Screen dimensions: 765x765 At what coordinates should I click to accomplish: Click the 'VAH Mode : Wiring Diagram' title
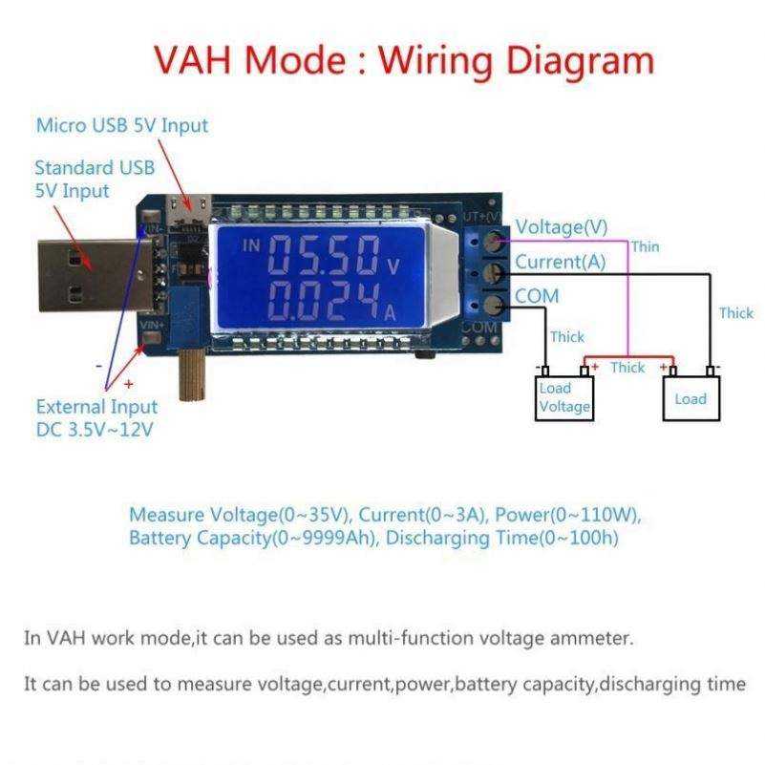(x=404, y=60)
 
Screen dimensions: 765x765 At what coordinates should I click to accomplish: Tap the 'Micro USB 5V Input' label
(x=121, y=125)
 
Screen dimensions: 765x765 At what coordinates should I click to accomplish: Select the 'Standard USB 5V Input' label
(x=94, y=179)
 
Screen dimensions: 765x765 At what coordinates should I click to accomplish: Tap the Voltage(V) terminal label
(x=561, y=227)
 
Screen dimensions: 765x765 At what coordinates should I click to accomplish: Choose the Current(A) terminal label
(x=560, y=262)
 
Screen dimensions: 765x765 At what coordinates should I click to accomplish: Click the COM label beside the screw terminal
(x=537, y=296)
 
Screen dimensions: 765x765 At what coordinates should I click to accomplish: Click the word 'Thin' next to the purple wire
(x=645, y=246)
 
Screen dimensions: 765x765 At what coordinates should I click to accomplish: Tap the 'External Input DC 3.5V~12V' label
(x=96, y=418)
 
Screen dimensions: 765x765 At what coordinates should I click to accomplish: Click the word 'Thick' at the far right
(x=735, y=313)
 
